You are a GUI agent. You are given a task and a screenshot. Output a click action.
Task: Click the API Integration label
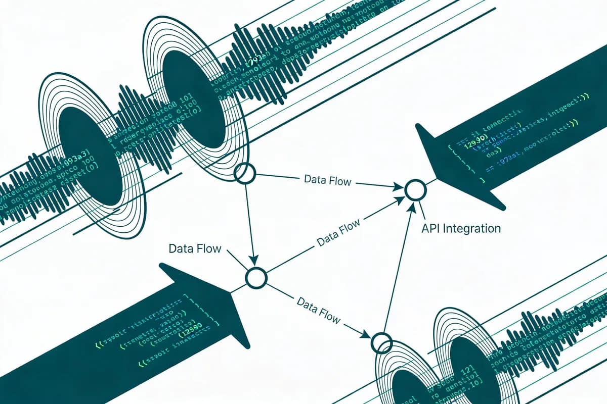[461, 228]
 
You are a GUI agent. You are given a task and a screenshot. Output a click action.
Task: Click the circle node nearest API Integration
[416, 190]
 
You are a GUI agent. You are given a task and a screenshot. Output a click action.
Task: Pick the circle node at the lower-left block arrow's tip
[256, 278]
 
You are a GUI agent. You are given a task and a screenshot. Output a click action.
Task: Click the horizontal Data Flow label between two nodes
[327, 180]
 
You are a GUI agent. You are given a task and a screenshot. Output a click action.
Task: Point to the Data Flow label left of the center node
[195, 248]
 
